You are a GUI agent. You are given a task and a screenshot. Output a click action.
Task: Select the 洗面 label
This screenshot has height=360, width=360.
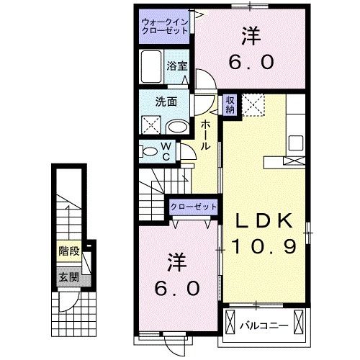coord(168,102)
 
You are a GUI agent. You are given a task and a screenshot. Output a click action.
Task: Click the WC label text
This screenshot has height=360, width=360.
coord(165,152)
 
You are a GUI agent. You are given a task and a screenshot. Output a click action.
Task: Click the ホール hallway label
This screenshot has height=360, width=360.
coord(207,135)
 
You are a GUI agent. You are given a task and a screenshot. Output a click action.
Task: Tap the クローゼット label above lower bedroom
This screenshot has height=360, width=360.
coord(194,207)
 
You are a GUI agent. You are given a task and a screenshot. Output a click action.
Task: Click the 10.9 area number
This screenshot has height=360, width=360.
coord(264,248)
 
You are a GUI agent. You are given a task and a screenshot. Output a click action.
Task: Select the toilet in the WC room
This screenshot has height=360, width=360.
coord(149,151)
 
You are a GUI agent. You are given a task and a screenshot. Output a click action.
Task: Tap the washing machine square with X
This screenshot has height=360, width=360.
coord(152,124)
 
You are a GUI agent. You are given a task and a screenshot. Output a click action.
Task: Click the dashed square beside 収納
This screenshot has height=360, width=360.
coord(253,104)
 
